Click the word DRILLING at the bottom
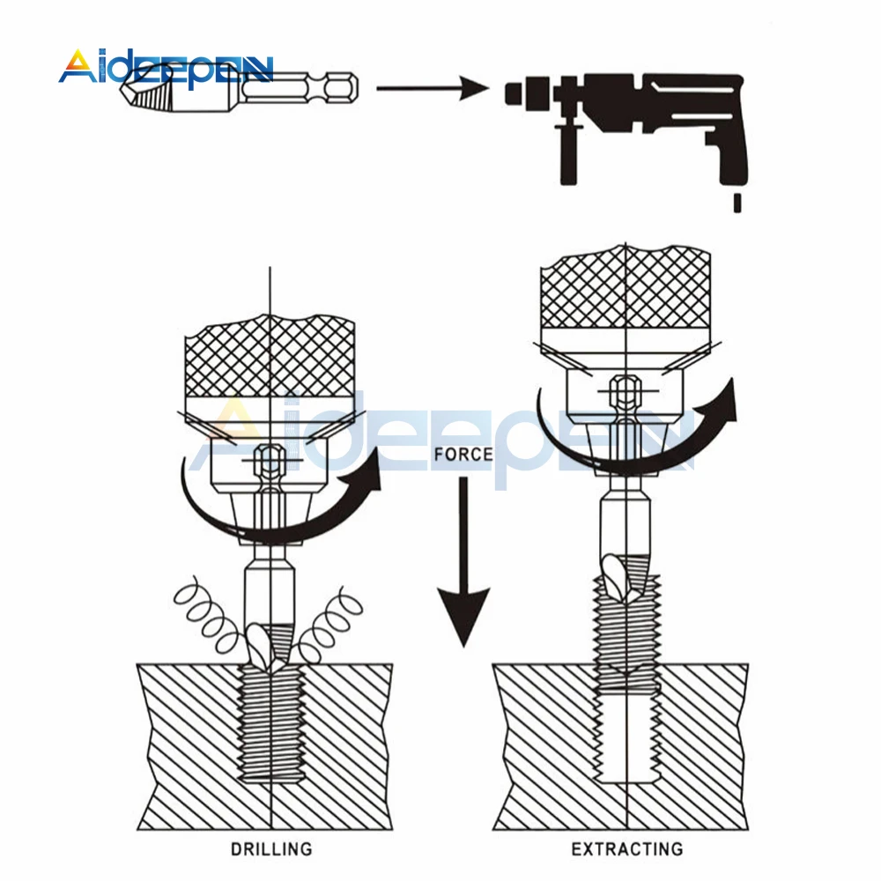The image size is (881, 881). tap(271, 849)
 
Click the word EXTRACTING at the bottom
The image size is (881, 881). tap(626, 849)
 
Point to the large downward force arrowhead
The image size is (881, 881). tap(464, 617)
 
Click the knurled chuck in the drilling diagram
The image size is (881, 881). tap(269, 358)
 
